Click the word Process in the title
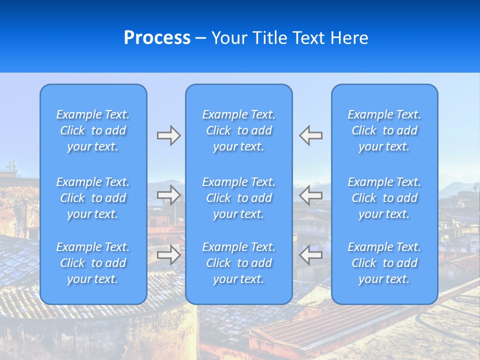[x=157, y=38]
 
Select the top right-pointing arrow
[x=168, y=135]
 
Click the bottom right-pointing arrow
[x=168, y=254]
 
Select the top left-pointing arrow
[x=311, y=135]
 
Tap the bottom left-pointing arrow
[x=311, y=254]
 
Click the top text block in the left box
[x=93, y=130]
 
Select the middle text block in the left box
[x=93, y=198]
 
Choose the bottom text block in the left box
[x=93, y=263]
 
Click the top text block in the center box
[x=239, y=130]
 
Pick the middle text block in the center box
[x=239, y=198]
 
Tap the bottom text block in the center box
[x=239, y=263]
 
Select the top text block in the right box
[x=384, y=130]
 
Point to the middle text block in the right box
[x=384, y=198]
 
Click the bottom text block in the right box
[x=384, y=263]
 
